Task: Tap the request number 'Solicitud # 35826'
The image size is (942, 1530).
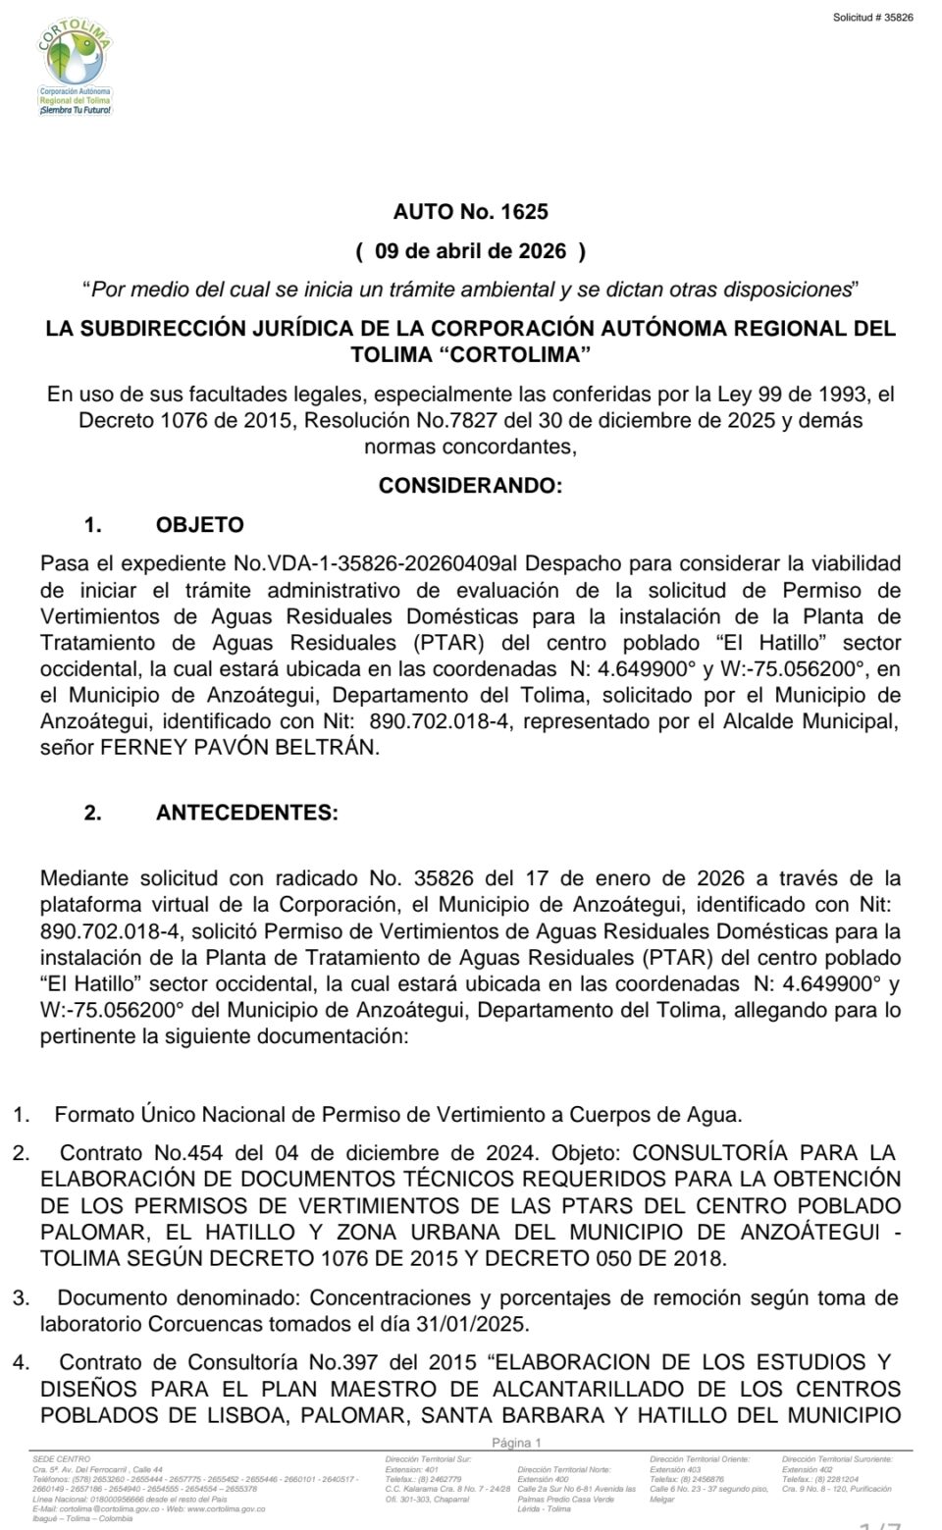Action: (872, 18)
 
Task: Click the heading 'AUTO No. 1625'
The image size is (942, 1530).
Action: (470, 211)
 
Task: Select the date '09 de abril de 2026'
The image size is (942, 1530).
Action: (470, 251)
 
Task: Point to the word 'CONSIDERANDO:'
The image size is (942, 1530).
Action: (470, 486)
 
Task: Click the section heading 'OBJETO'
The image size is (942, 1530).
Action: (200, 525)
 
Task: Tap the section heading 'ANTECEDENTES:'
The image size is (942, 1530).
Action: (246, 813)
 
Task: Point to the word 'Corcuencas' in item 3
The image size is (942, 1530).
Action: (205, 1324)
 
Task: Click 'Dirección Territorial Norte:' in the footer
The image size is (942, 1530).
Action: (564, 1469)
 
